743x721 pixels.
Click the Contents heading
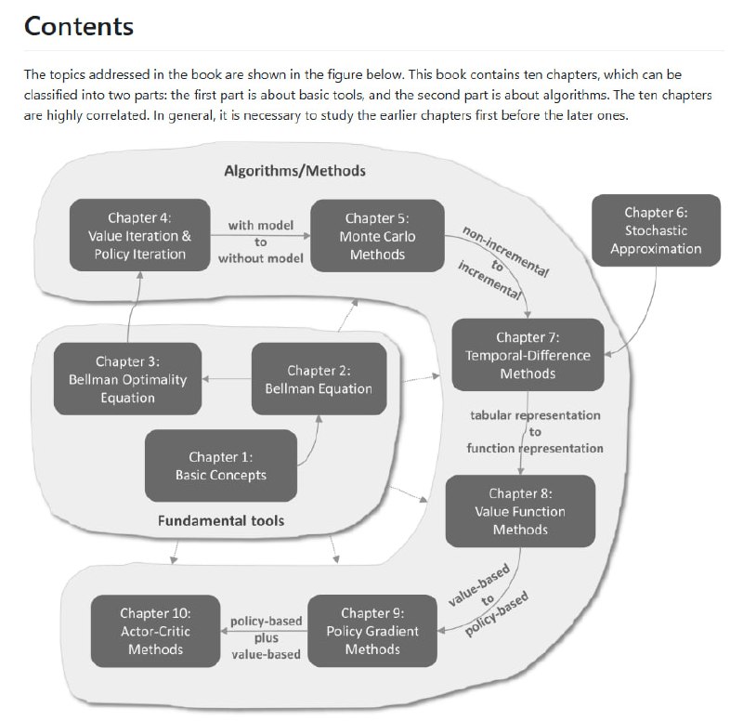click(79, 26)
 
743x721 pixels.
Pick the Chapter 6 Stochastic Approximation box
click(656, 230)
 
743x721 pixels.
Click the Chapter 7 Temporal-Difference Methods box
click(528, 355)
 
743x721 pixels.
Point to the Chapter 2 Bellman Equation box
click(319, 379)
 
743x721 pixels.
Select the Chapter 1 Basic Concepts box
click(221, 465)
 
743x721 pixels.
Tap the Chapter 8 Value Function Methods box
click(519, 511)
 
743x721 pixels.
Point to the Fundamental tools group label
click(221, 520)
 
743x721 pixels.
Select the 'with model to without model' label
click(261, 242)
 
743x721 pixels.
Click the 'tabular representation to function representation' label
click(535, 431)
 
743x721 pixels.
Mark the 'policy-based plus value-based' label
click(265, 638)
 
